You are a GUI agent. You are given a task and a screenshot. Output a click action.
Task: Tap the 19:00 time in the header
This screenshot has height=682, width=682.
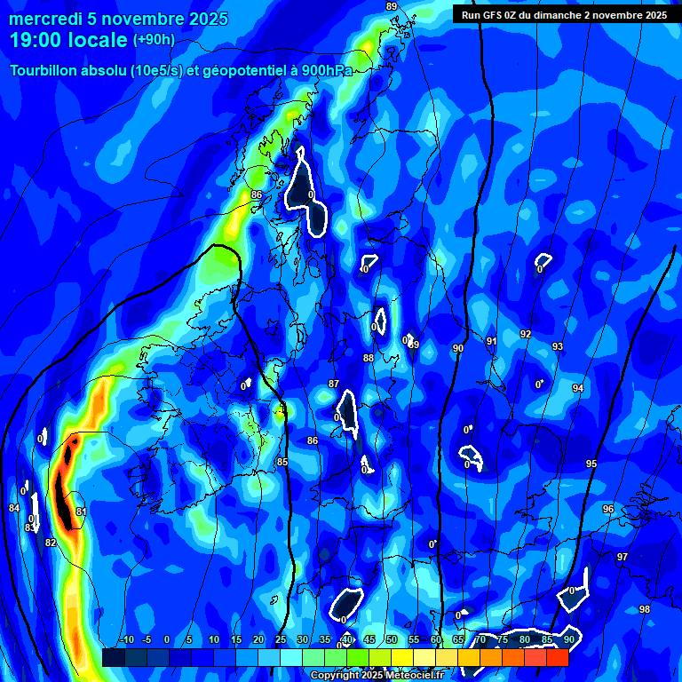click(36, 41)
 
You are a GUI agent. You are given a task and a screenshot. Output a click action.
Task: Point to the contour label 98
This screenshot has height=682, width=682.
click(645, 609)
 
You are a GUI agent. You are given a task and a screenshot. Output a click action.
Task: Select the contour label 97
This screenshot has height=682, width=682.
click(623, 557)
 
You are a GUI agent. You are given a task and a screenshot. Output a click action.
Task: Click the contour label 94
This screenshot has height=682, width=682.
click(578, 388)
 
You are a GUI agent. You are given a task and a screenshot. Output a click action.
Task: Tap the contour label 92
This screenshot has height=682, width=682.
click(526, 334)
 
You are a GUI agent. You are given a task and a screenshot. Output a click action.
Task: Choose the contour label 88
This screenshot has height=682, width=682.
click(369, 358)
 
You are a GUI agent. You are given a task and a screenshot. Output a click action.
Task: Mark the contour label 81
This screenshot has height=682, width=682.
click(82, 511)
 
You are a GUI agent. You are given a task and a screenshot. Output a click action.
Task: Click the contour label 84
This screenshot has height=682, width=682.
click(14, 508)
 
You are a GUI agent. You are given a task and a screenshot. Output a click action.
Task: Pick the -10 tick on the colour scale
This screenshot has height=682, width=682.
click(127, 639)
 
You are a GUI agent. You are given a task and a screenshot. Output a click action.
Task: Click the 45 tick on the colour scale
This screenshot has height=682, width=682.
click(368, 639)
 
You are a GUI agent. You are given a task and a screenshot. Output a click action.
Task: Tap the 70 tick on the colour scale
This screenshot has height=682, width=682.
click(480, 639)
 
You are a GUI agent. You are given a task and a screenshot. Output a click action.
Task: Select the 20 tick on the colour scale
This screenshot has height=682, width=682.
click(258, 639)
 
